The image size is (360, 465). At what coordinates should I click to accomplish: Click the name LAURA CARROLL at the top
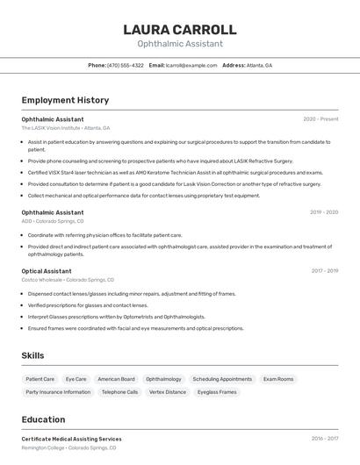pyautogui.click(x=180, y=30)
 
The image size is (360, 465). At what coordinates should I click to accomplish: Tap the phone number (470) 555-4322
pyautogui.click(x=125, y=65)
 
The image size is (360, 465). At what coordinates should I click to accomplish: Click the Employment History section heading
pyautogui.click(x=65, y=100)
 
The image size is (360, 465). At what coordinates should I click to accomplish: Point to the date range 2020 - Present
pyautogui.click(x=320, y=118)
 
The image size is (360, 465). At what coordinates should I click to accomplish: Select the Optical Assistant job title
pyautogui.click(x=47, y=271)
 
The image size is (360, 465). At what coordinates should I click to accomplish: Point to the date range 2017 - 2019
pyautogui.click(x=324, y=271)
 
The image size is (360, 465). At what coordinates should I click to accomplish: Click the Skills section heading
pyautogui.click(x=32, y=354)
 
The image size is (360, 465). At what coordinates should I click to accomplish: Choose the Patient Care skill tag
pyautogui.click(x=40, y=379)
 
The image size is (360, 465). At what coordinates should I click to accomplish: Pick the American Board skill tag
pyautogui.click(x=116, y=379)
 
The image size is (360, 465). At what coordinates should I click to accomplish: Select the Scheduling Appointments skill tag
pyautogui.click(x=222, y=379)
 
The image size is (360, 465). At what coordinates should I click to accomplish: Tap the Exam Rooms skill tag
pyautogui.click(x=278, y=379)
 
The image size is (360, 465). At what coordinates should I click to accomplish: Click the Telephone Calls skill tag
pyautogui.click(x=119, y=392)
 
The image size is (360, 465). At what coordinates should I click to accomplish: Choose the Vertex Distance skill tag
pyautogui.click(x=168, y=392)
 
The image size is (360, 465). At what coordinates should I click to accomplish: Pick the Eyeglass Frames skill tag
pyautogui.click(x=217, y=392)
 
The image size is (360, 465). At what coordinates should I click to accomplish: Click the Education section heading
pyautogui.click(x=43, y=419)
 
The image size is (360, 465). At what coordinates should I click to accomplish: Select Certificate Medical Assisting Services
pyautogui.click(x=71, y=439)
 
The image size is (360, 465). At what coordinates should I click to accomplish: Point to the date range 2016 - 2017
pyautogui.click(x=324, y=439)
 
